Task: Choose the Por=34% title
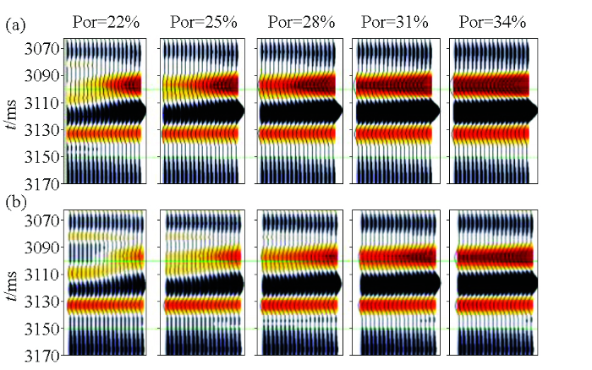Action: [492, 22]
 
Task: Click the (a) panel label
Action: [14, 25]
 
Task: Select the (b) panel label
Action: [14, 203]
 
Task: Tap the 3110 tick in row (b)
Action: [41, 275]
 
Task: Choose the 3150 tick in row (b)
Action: [41, 328]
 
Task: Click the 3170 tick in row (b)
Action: [41, 355]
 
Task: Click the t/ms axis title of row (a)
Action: [10, 115]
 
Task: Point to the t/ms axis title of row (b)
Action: [10, 287]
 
